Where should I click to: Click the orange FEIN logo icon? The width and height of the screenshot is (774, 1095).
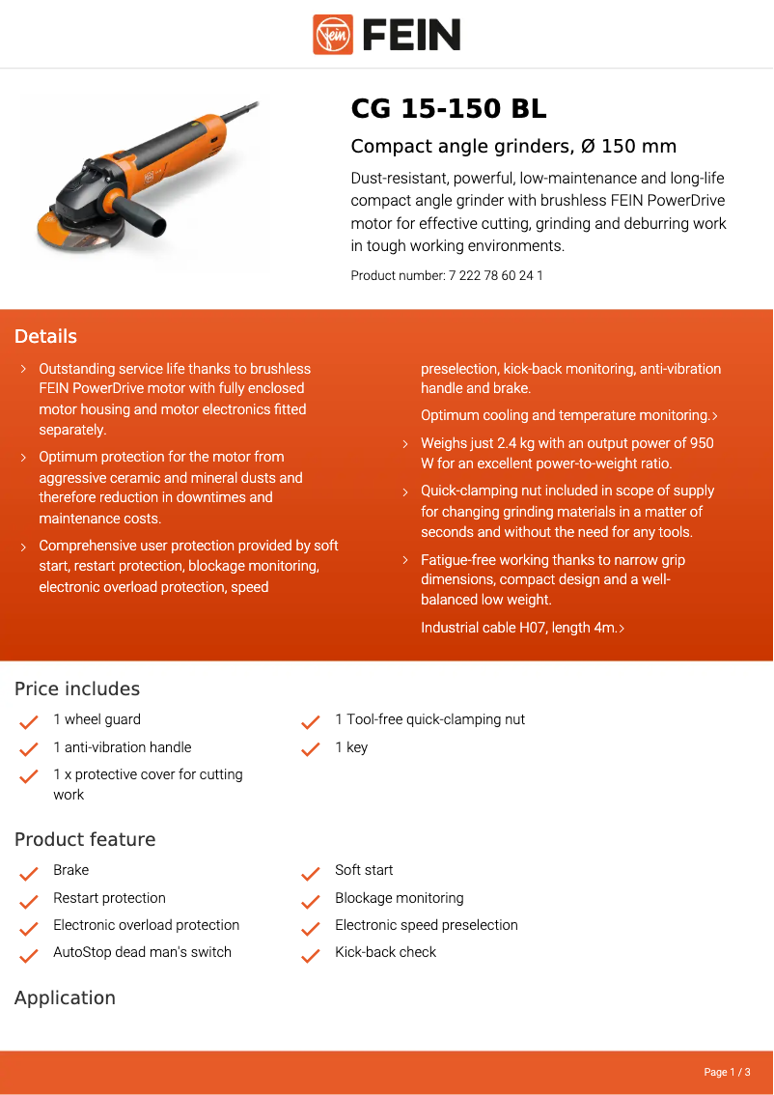tap(333, 35)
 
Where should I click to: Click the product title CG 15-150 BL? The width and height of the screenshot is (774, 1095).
tap(449, 109)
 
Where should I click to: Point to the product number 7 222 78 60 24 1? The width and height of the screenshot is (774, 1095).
tap(495, 275)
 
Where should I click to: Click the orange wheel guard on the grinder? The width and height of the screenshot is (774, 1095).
tap(69, 232)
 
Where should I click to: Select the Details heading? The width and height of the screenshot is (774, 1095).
tap(45, 336)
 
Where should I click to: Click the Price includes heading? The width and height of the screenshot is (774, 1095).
tap(77, 688)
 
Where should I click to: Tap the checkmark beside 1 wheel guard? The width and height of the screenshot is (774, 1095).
tap(29, 721)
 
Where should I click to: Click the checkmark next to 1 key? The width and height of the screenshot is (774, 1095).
tap(310, 749)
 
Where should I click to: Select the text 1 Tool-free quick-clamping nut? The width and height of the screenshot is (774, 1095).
tap(429, 719)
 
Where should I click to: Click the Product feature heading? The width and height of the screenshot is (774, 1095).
tap(85, 839)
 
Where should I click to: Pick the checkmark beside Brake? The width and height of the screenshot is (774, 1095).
tap(29, 873)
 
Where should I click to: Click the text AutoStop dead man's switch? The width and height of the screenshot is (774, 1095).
tap(142, 952)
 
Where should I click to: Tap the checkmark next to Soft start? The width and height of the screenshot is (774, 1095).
tap(310, 873)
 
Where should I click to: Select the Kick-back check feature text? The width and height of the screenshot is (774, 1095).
tap(385, 952)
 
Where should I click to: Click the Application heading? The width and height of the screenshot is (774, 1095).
tap(65, 997)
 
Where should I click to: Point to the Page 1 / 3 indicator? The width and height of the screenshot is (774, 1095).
tap(727, 1072)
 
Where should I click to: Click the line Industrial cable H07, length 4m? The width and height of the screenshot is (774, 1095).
tap(521, 628)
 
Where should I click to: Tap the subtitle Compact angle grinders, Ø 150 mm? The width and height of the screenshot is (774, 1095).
tap(513, 147)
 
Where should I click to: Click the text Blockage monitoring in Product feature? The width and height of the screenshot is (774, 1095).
tap(399, 898)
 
